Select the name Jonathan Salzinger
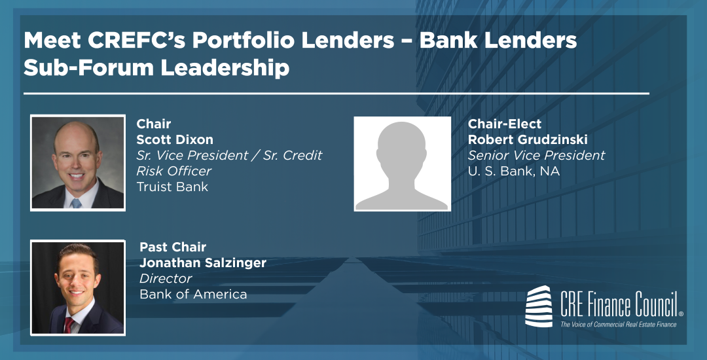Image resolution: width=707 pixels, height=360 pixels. tap(203, 263)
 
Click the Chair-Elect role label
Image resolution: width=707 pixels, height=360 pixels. tap(505, 124)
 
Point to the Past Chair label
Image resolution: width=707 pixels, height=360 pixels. tap(173, 247)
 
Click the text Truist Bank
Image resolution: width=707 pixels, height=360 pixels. tap(172, 187)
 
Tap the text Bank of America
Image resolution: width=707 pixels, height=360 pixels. tap(193, 294)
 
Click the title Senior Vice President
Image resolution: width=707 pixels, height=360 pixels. tap(536, 156)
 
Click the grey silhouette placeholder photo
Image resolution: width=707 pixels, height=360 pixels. tap(402, 164)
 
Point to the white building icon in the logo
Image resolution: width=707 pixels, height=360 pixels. tap(541, 305)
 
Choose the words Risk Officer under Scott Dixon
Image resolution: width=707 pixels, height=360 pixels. tap(173, 171)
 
